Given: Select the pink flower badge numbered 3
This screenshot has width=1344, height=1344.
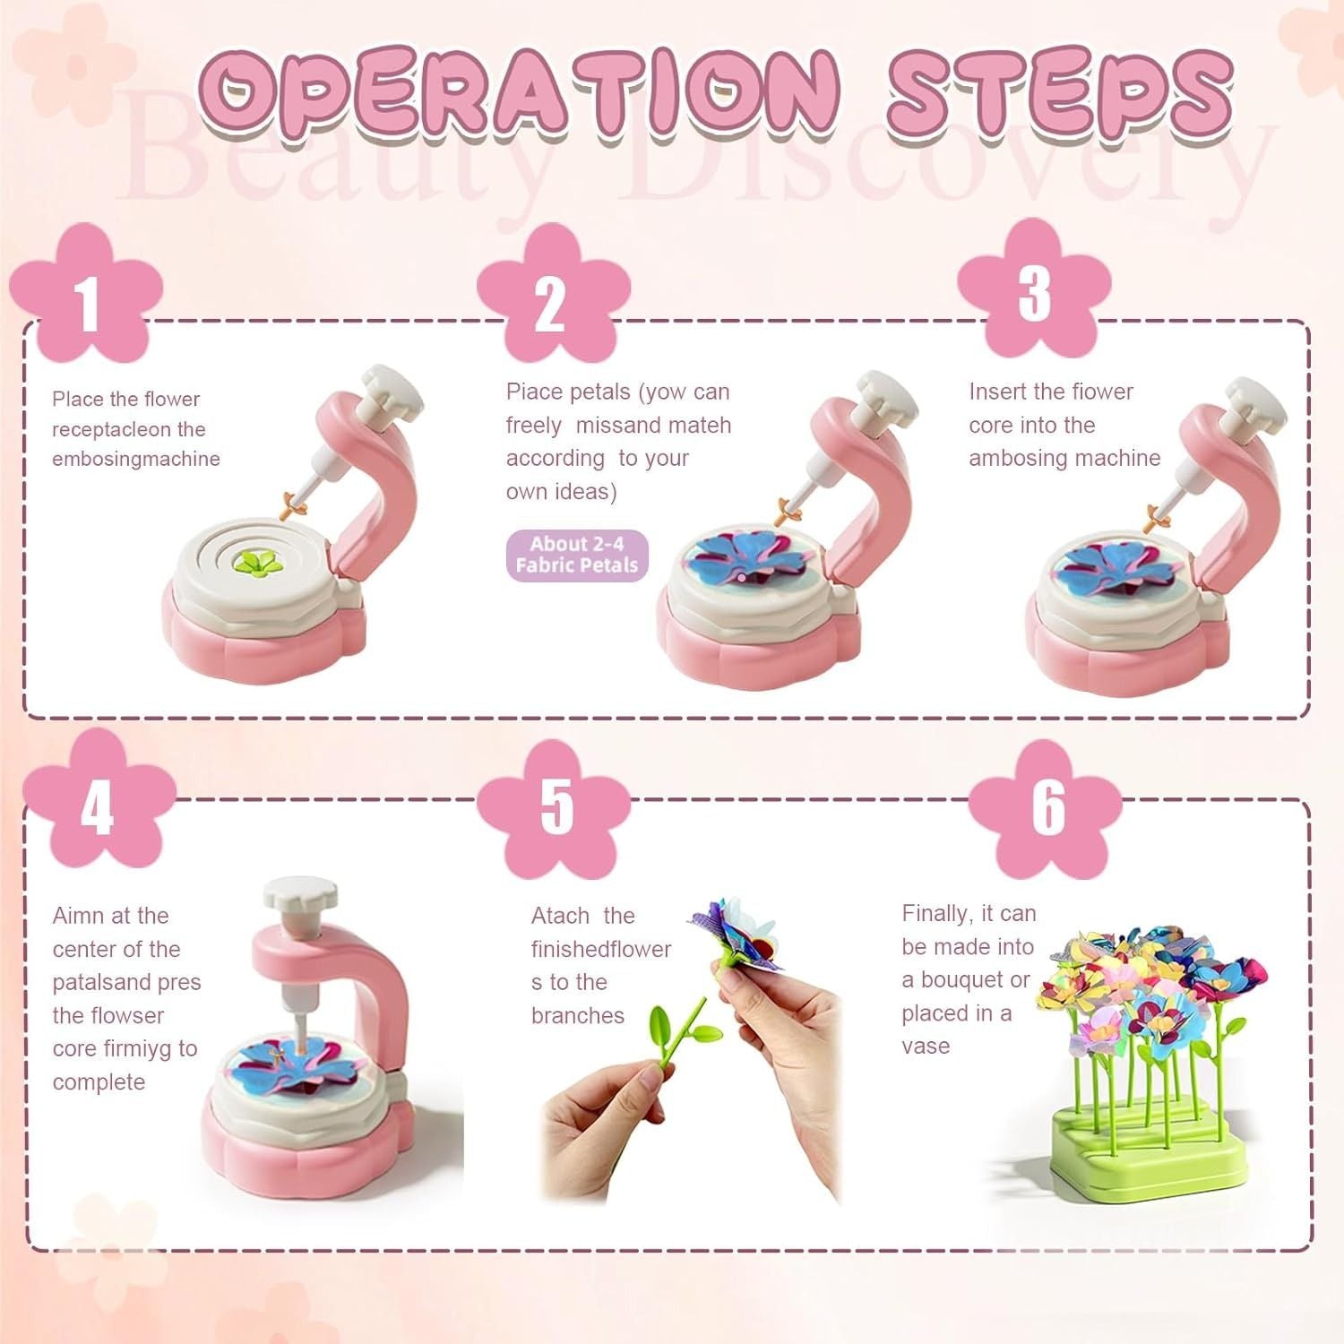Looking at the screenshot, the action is [x=1033, y=290].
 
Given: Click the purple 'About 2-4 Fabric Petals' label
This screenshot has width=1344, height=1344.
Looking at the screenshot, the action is [x=577, y=555].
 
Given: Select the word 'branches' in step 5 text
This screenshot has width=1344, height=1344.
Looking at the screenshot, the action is [x=577, y=1015].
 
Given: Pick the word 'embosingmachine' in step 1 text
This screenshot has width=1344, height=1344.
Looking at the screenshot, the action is [x=136, y=459].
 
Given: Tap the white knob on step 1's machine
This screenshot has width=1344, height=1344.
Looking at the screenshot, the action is [x=391, y=391].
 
